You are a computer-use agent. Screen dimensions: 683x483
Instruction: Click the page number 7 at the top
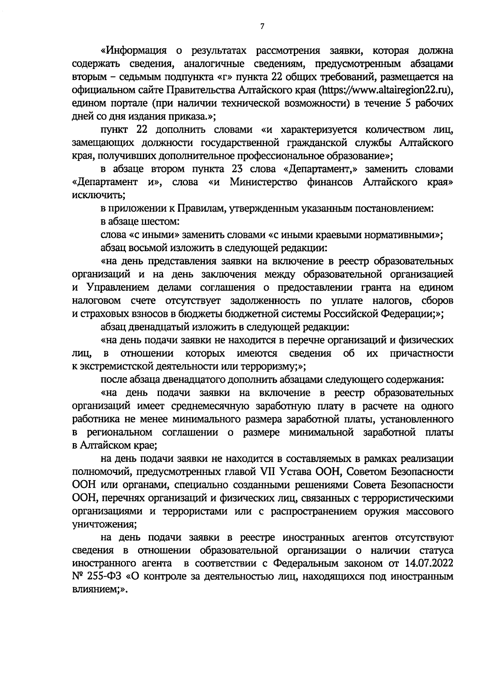point(262,27)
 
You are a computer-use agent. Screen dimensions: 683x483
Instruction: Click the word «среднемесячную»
point(213,406)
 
